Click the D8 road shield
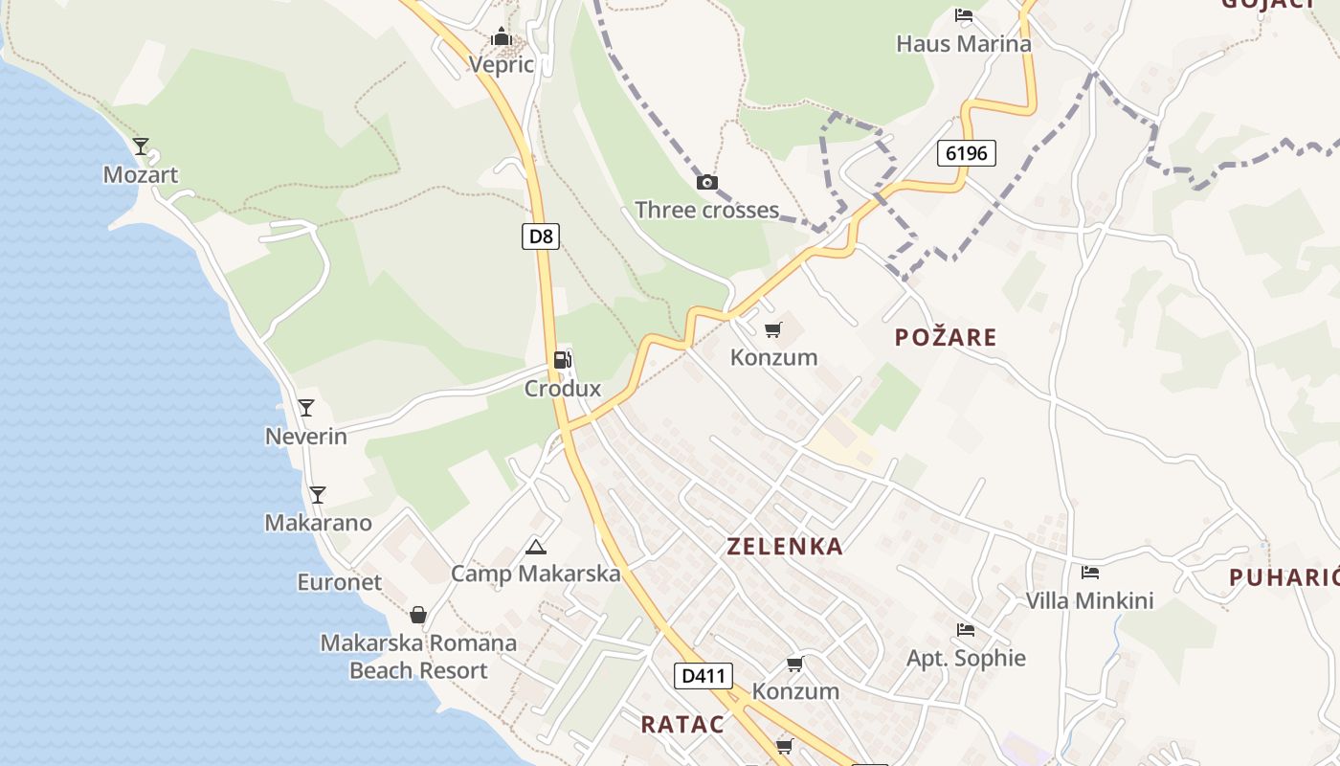[541, 237]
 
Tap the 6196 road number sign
[967, 152]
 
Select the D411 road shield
[703, 676]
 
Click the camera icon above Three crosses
[706, 182]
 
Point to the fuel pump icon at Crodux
[563, 360]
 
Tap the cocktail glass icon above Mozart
[141, 146]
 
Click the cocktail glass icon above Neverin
[306, 408]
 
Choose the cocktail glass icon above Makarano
[318, 495]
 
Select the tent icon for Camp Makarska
[536, 547]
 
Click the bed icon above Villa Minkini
[1089, 573]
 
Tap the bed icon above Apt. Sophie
[966, 630]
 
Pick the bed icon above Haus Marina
[964, 15]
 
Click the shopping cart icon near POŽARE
[773, 330]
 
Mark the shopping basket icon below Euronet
[418, 615]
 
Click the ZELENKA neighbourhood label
[785, 547]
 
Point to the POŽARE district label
[946, 337]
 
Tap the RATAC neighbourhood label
[682, 724]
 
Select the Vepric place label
[501, 65]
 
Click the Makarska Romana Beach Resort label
[418, 657]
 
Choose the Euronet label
[339, 582]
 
